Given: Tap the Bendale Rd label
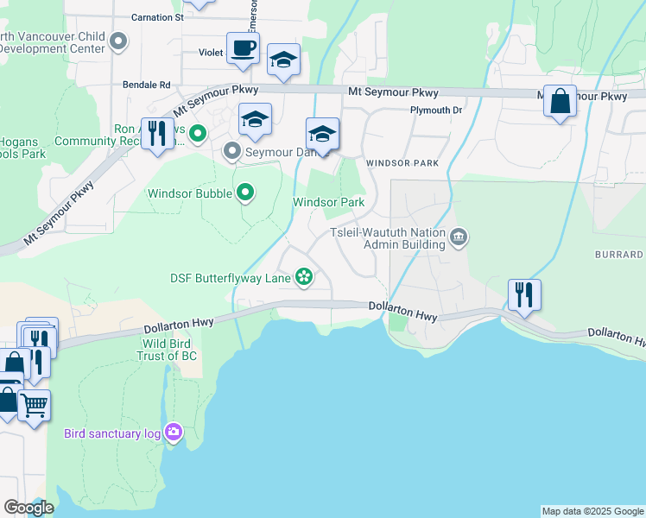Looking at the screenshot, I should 147,85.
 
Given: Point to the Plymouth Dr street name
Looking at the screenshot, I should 436,111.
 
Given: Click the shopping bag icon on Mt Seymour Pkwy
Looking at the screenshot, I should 560,102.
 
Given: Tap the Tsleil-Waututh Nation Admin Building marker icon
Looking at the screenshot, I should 459,237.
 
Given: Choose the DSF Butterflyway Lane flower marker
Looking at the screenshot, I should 303,277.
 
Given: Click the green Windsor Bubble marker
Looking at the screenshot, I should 245,193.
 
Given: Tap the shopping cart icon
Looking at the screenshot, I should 34,404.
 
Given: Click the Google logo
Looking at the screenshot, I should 28,507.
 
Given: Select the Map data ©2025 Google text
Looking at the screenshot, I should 592,511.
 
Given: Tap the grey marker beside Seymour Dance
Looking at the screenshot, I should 231,152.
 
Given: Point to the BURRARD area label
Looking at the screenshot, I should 618,255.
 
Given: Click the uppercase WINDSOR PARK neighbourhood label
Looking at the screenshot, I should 402,163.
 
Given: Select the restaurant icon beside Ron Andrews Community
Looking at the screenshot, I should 156,133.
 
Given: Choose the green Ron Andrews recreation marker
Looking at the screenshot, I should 198,133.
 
